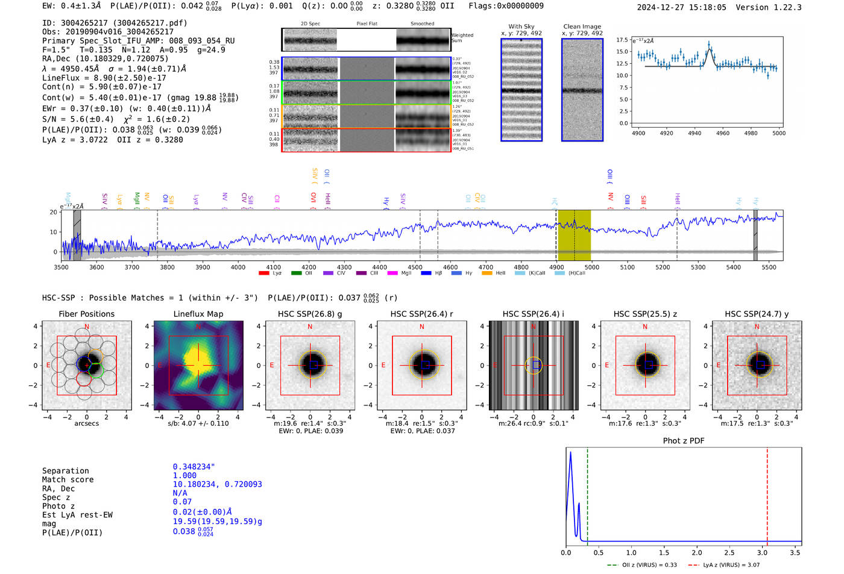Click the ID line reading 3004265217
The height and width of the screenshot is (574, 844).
pos(115,23)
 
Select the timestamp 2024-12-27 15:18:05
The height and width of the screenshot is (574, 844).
pos(681,7)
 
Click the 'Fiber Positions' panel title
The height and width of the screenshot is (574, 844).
pos(86,314)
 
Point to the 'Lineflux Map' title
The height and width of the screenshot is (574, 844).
pos(198,314)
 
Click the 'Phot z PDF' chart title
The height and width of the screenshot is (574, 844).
pos(684,440)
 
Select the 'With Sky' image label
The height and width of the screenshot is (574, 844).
pos(521,27)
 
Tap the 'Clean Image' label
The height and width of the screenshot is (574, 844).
pos(582,27)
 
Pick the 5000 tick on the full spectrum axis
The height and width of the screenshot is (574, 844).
pos(592,267)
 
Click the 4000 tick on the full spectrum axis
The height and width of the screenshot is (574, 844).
pos(238,267)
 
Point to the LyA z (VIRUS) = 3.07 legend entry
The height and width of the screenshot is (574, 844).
pos(725,565)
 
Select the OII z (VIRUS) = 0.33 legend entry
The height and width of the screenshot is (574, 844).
pos(643,565)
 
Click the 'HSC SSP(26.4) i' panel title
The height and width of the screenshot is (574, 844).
pos(534,314)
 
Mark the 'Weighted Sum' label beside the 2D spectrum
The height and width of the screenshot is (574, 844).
pos(462,38)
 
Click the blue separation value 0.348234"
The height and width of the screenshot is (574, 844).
pos(194,467)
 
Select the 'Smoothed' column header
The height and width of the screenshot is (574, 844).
pos(422,24)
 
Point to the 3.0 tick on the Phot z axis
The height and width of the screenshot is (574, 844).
pos(762,552)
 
